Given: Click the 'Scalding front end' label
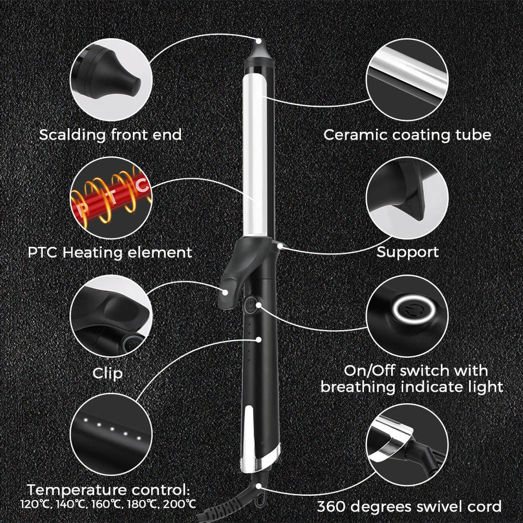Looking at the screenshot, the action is pyautogui.click(x=111, y=135).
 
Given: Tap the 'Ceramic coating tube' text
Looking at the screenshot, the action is pyautogui.click(x=408, y=135).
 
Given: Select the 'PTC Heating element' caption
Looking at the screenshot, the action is pyautogui.click(x=111, y=252).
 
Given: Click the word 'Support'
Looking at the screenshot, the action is pyautogui.click(x=408, y=252).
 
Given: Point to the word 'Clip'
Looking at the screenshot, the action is pyautogui.click(x=107, y=373).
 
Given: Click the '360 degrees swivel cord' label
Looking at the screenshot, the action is pyautogui.click(x=409, y=507).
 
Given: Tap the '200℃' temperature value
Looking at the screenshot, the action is pyautogui.click(x=181, y=503).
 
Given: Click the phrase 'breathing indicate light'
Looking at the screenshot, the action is pyautogui.click(x=412, y=387).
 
